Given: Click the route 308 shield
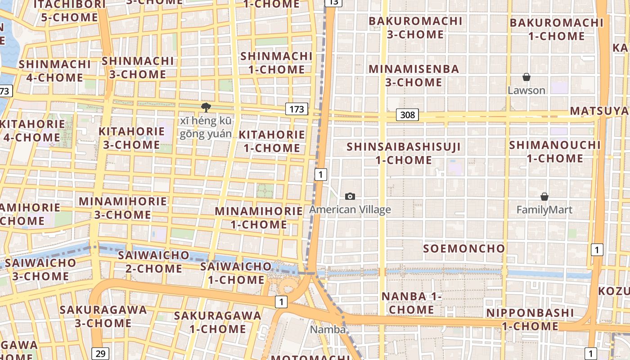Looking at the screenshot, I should pyautogui.click(x=407, y=115).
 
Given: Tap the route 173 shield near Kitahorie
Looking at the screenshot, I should pyautogui.click(x=296, y=109).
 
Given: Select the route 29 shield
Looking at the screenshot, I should pyautogui.click(x=100, y=353).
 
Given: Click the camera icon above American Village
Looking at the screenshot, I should pyautogui.click(x=350, y=196).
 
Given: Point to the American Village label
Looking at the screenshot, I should pyautogui.click(x=350, y=210).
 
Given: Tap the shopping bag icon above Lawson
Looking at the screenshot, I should pyautogui.click(x=526, y=77).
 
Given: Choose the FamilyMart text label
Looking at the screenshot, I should pyautogui.click(x=544, y=210).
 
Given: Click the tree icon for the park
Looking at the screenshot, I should pyautogui.click(x=206, y=108).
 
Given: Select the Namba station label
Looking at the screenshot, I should pyautogui.click(x=328, y=329).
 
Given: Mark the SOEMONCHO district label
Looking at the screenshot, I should pyautogui.click(x=464, y=248).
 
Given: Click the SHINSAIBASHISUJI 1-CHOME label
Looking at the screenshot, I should pyautogui.click(x=404, y=153).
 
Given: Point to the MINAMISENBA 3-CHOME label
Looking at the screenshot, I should pyautogui.click(x=414, y=76).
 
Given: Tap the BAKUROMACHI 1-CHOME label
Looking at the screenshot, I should pyautogui.click(x=556, y=29).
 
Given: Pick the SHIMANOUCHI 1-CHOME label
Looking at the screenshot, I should pyautogui.click(x=555, y=152).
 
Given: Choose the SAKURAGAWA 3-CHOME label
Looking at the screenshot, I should pyautogui.click(x=103, y=316).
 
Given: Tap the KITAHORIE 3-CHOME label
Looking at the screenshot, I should pyautogui.click(x=131, y=138).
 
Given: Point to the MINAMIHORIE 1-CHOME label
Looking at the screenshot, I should pyautogui.click(x=259, y=218).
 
